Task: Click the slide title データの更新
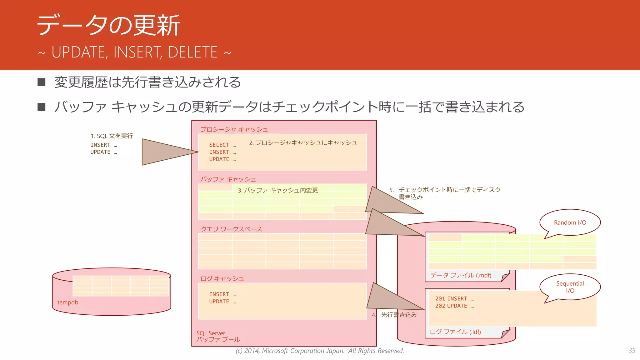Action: point(108,25)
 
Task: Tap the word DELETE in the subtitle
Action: point(192,52)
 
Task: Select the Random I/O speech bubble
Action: point(570,222)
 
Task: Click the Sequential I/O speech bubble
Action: point(570,287)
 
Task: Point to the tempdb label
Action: point(68,302)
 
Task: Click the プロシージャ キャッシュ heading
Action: point(234,129)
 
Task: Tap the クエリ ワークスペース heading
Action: point(231,229)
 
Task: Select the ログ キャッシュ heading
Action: point(222,278)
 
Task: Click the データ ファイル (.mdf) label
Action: point(461,275)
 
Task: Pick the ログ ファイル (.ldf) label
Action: point(455,332)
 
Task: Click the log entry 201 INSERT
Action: point(454,299)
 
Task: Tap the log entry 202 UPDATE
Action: point(454,306)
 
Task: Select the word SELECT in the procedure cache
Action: point(219,145)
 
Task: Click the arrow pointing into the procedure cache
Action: point(169,152)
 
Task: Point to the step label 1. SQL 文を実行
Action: point(112,136)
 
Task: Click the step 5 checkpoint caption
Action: point(445,193)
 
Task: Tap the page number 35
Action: point(632,351)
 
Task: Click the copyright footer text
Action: point(320,351)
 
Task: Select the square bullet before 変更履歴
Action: point(42,82)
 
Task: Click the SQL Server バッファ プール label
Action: point(218,337)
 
